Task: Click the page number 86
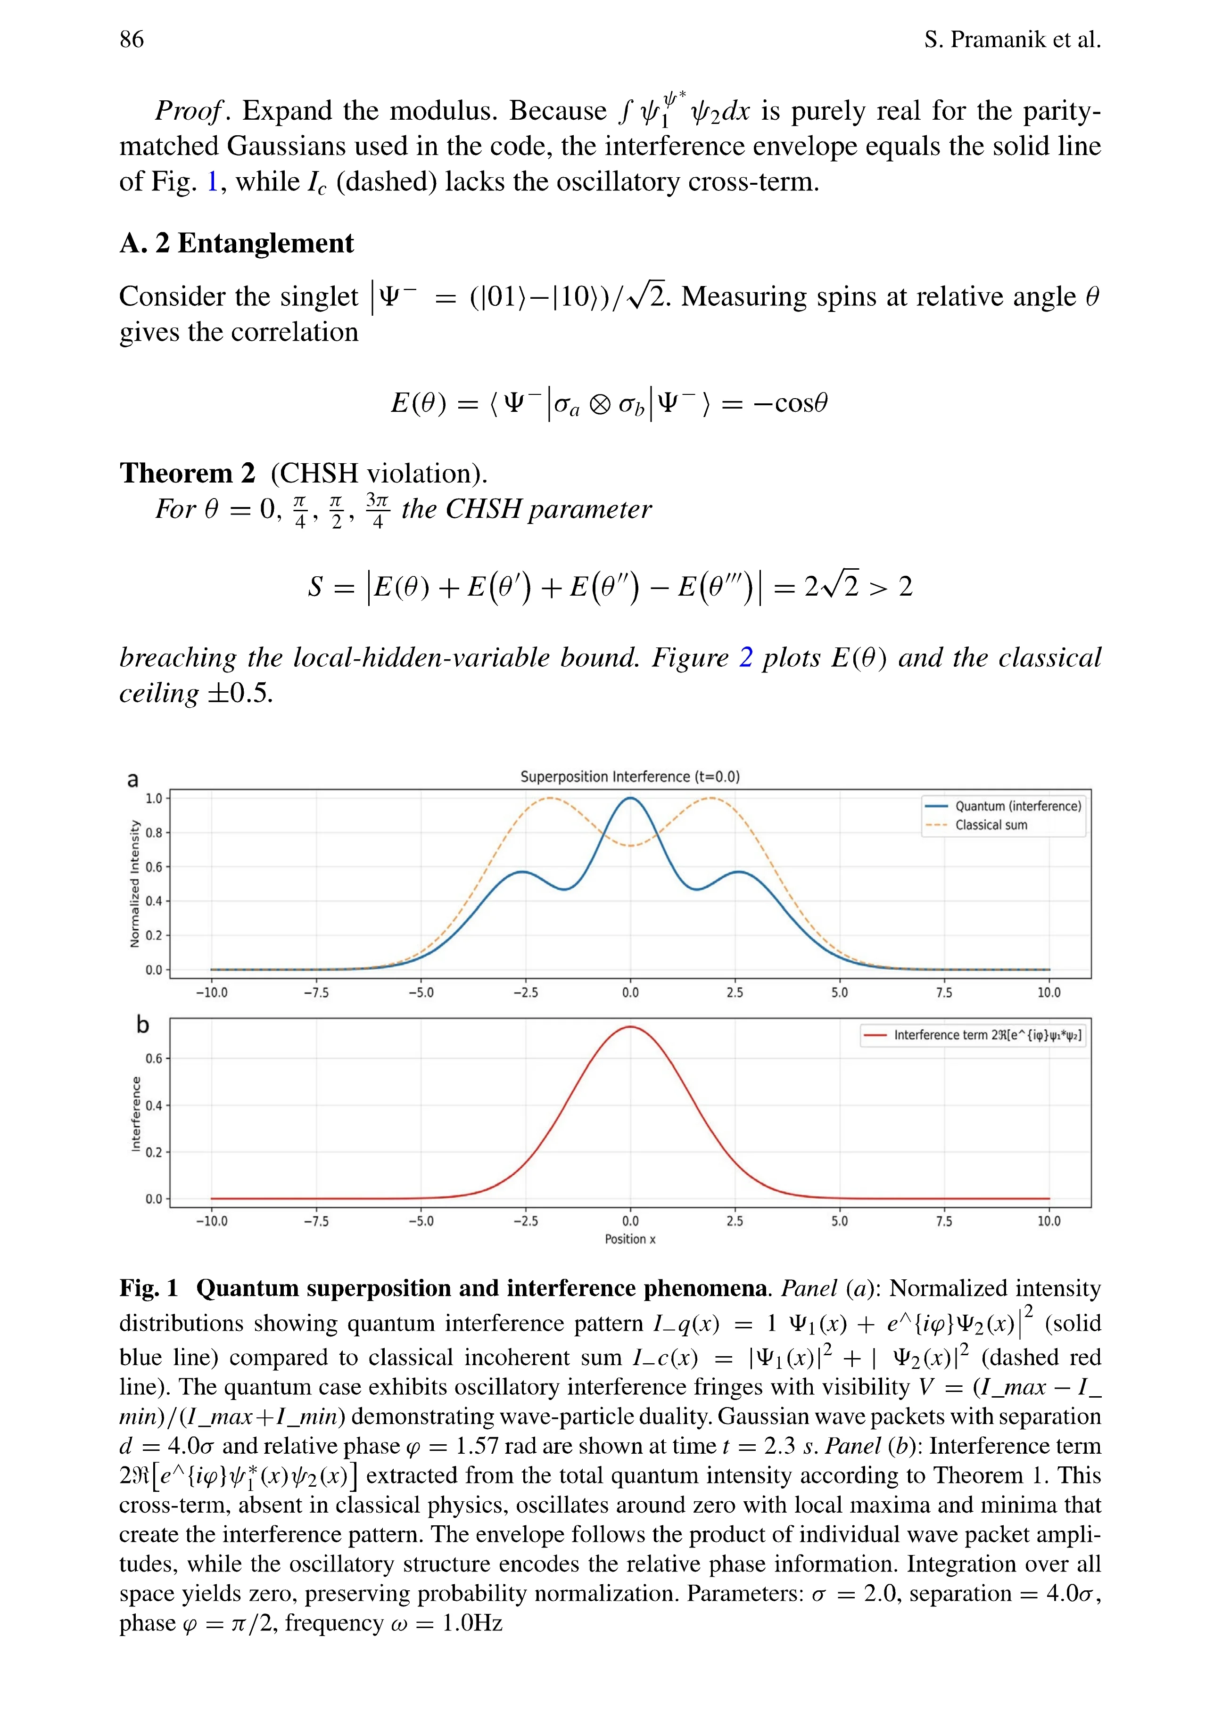click(x=132, y=39)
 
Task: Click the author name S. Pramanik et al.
click(x=1012, y=39)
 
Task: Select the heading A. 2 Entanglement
click(x=236, y=243)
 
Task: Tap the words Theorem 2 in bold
click(x=187, y=473)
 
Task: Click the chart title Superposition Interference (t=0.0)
click(x=630, y=776)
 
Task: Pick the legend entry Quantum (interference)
click(x=1017, y=806)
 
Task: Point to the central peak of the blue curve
click(x=630, y=798)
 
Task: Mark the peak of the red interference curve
click(x=630, y=1027)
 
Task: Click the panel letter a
click(x=133, y=779)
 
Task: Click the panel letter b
click(x=142, y=1024)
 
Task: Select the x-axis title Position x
click(x=630, y=1239)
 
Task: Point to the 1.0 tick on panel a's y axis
click(x=154, y=798)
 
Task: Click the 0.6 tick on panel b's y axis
click(x=154, y=1058)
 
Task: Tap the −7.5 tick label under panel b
click(x=316, y=1221)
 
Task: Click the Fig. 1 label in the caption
click(x=148, y=1288)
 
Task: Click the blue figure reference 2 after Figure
click(x=746, y=657)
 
